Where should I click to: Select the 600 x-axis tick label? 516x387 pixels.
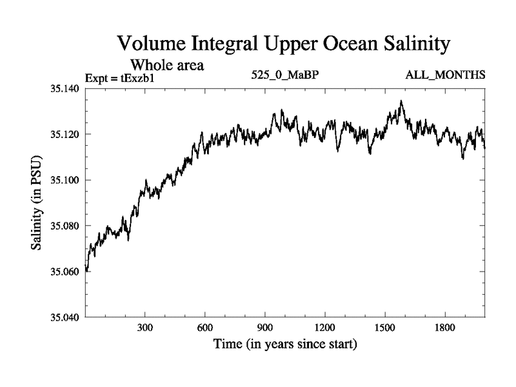[204, 328]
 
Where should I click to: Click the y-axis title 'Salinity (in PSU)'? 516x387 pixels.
[37, 203]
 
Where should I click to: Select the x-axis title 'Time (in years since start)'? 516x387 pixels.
[285, 344]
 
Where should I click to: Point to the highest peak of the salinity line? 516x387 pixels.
[401, 101]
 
